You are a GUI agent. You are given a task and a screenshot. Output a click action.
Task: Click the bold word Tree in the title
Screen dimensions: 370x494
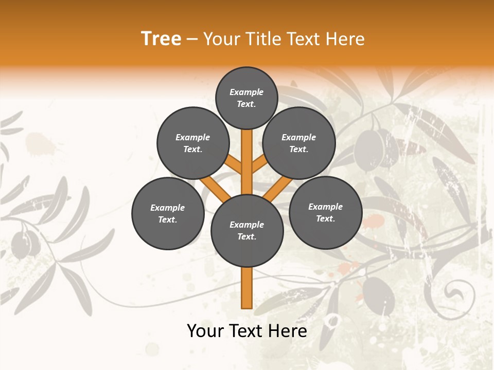click(161, 39)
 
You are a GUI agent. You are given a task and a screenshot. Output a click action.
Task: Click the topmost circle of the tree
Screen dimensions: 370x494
click(246, 98)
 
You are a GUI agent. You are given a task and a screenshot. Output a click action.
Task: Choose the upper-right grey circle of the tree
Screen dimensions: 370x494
click(299, 143)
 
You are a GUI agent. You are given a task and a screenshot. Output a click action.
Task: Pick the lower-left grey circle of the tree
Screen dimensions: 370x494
click(168, 213)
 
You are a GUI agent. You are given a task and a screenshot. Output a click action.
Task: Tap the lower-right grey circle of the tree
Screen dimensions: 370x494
click(326, 212)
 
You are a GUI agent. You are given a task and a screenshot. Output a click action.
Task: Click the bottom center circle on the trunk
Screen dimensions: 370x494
click(247, 230)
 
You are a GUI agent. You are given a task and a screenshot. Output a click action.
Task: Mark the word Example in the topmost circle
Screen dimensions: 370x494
click(246, 92)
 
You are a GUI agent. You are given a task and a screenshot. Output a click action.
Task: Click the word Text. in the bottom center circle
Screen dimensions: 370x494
click(246, 236)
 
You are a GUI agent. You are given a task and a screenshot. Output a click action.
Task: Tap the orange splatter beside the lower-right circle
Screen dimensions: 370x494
click(374, 222)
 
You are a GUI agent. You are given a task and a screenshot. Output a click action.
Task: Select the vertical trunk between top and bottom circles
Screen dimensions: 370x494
click(247, 162)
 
